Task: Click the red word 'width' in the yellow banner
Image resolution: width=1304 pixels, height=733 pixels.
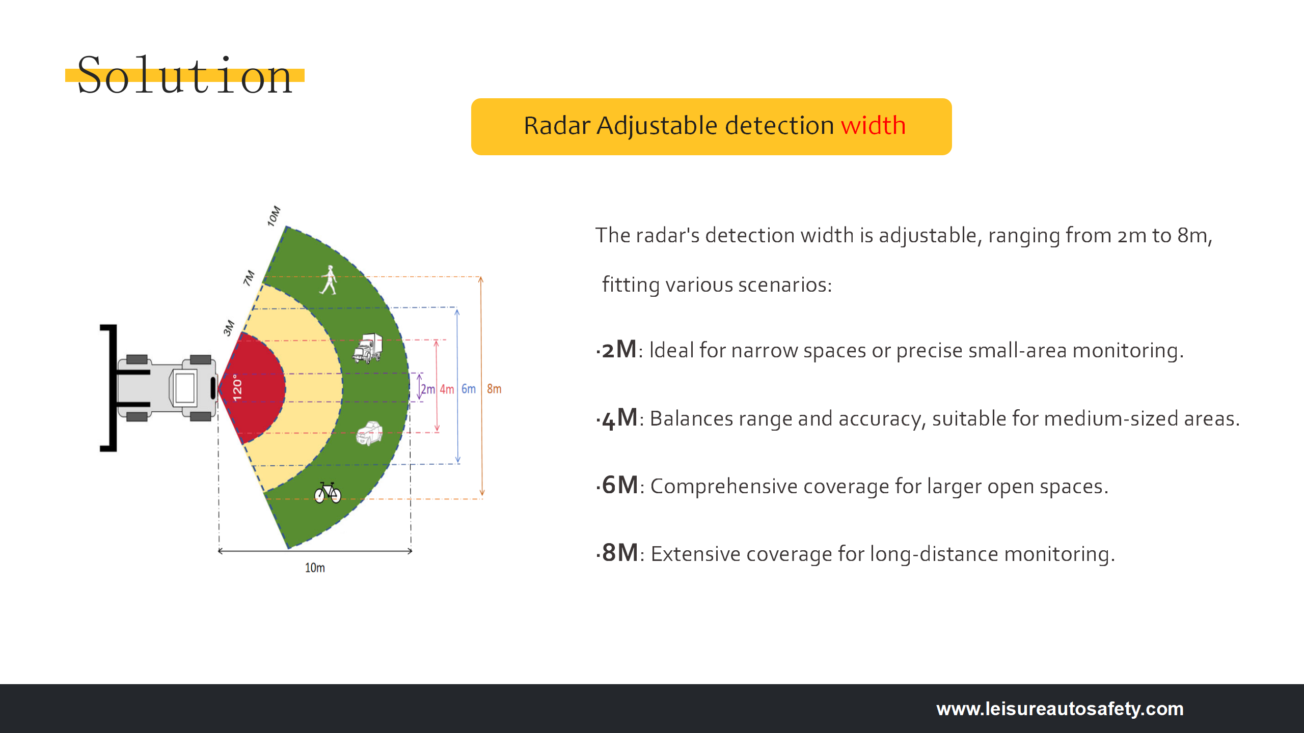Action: (873, 125)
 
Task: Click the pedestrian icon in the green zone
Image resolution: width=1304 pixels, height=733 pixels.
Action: (329, 280)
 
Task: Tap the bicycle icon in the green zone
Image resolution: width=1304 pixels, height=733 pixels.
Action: (328, 493)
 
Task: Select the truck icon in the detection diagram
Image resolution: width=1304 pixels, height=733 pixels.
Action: (368, 348)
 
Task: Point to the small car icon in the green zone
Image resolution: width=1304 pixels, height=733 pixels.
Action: (369, 433)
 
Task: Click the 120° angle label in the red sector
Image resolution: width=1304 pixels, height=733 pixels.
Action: (237, 388)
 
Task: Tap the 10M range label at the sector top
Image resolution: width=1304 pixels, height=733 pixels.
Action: (274, 216)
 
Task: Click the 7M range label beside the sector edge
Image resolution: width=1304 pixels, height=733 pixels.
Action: (249, 278)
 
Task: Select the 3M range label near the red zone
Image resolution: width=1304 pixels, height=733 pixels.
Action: (229, 328)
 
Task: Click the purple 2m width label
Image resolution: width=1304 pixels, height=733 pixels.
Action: (428, 389)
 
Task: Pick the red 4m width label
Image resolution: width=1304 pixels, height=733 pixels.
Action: (447, 389)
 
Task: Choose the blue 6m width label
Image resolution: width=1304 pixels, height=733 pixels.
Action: (469, 389)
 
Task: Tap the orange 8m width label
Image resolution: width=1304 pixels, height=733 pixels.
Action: (494, 389)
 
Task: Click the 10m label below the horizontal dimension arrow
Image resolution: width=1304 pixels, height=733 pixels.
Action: (315, 568)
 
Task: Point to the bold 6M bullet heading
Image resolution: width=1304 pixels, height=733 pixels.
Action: (620, 486)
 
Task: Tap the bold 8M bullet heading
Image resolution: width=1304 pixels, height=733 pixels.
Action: (620, 553)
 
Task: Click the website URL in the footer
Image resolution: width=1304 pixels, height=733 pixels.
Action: (1059, 709)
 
